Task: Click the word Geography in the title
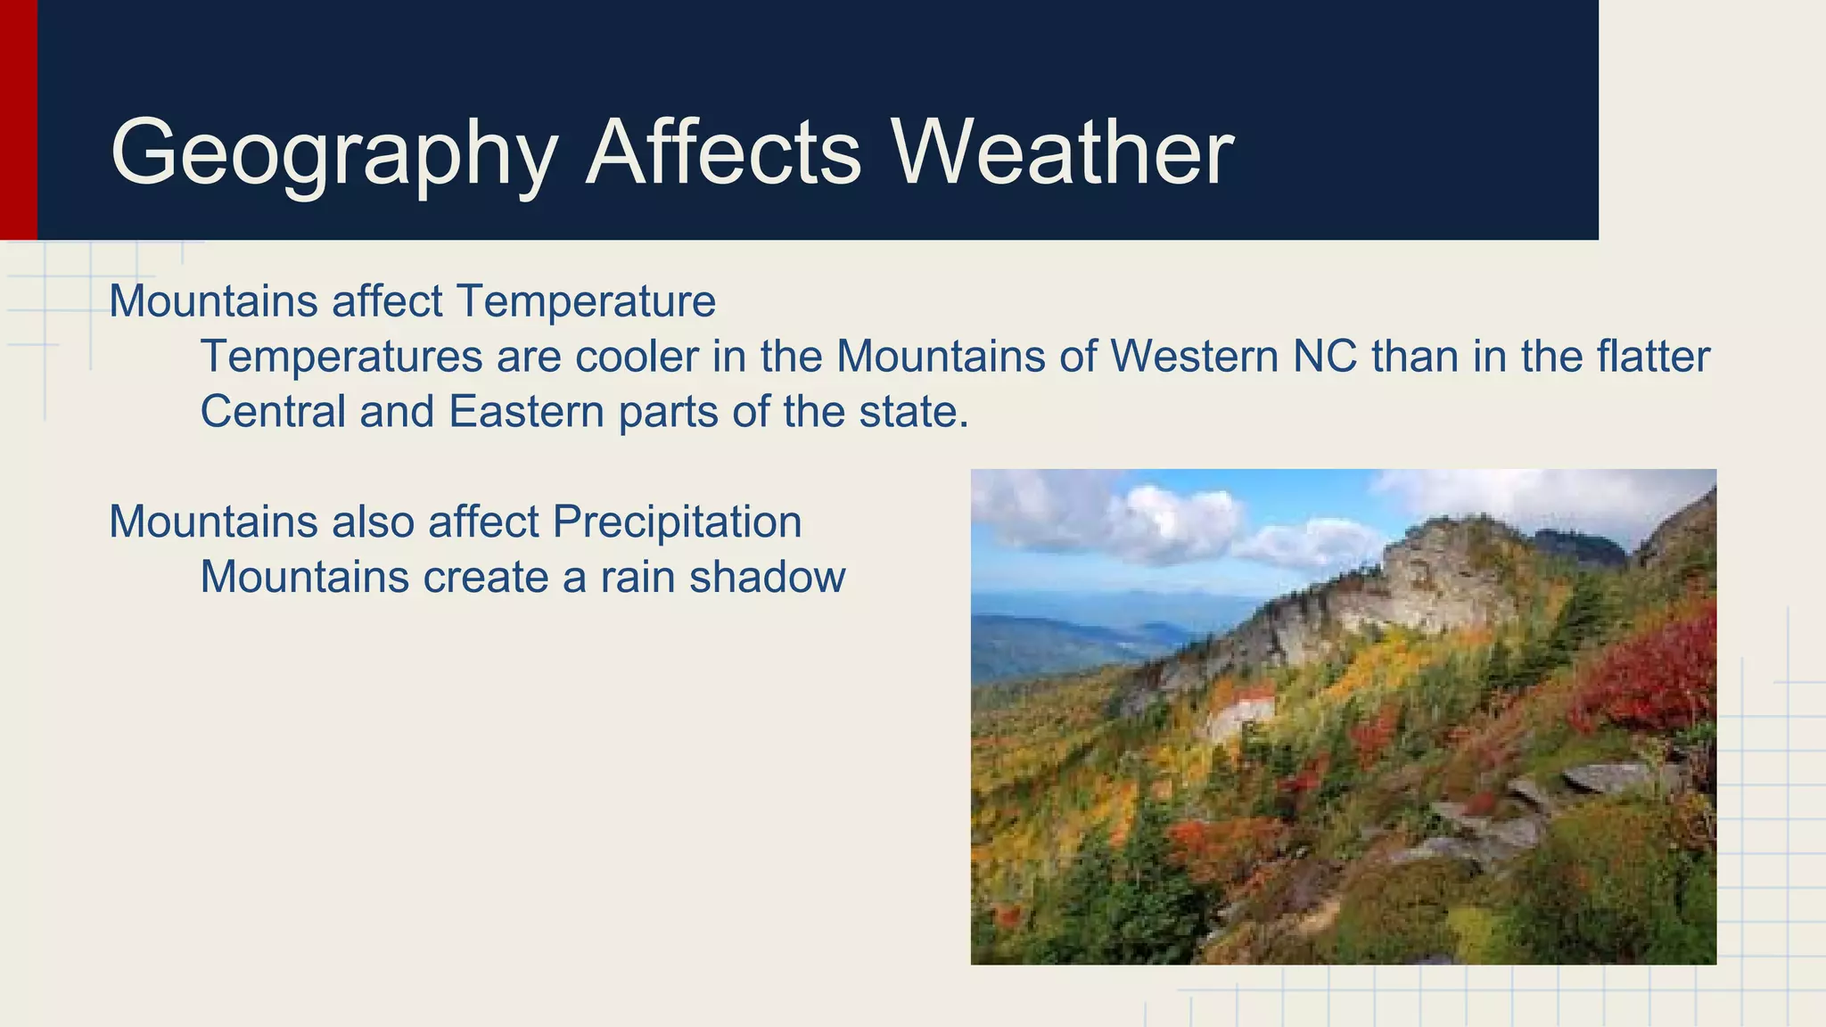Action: click(x=334, y=153)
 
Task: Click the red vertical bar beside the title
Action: click(x=18, y=119)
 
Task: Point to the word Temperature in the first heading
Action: click(x=586, y=301)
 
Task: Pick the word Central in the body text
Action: click(x=273, y=412)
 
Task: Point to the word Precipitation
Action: click(x=677, y=522)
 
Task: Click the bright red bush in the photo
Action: click(x=1649, y=669)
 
